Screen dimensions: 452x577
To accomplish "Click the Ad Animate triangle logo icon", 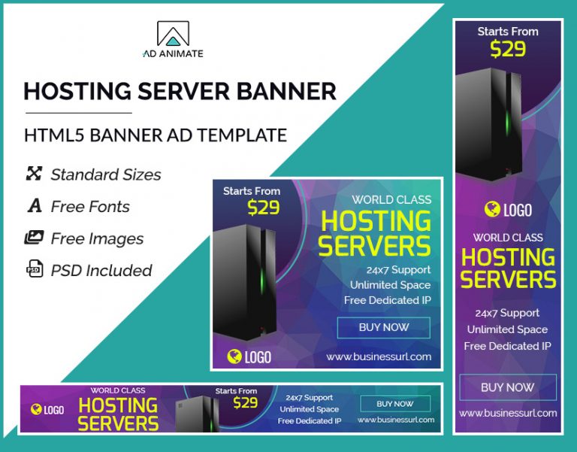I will tap(173, 34).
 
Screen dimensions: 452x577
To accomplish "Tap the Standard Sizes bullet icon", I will tap(34, 174).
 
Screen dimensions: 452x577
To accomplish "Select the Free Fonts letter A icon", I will tap(34, 206).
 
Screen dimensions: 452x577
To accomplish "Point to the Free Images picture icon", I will tap(34, 238).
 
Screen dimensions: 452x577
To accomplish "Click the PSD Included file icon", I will tap(34, 270).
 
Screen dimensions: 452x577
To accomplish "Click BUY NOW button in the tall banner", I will tap(507, 387).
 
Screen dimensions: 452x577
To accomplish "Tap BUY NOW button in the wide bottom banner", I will tap(395, 404).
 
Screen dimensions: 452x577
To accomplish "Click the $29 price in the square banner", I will tap(263, 208).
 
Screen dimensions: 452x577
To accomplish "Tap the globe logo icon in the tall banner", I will tap(492, 209).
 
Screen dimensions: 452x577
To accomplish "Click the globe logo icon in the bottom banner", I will tap(35, 410).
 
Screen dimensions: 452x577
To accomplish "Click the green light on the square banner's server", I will tap(262, 282).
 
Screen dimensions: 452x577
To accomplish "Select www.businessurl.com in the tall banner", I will tap(507, 413).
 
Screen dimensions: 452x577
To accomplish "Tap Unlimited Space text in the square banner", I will tap(390, 285).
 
